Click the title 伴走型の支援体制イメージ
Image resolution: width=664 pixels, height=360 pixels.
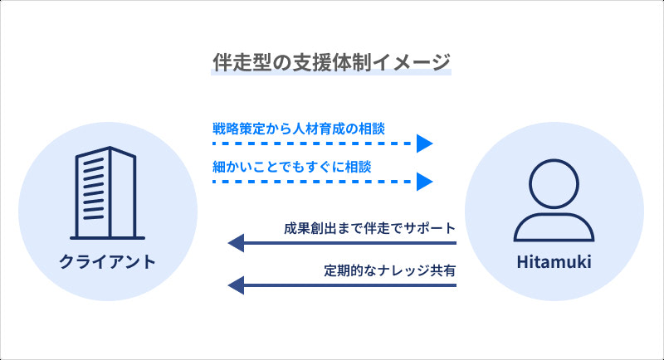(x=331, y=61)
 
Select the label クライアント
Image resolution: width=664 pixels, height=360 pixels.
(x=107, y=263)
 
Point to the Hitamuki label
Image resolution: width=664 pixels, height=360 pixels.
(x=554, y=263)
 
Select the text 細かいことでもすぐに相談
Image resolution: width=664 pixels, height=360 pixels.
(x=290, y=166)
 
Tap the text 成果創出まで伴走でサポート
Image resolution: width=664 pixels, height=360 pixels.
(x=369, y=228)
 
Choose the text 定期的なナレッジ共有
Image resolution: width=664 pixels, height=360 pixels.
(x=390, y=270)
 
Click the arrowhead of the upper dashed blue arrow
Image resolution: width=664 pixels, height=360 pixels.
(x=425, y=144)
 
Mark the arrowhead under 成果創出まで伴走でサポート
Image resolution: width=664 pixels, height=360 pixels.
(x=236, y=243)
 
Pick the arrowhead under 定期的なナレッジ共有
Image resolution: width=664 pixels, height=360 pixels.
(x=236, y=285)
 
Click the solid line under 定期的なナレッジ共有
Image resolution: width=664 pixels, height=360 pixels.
(x=349, y=285)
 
